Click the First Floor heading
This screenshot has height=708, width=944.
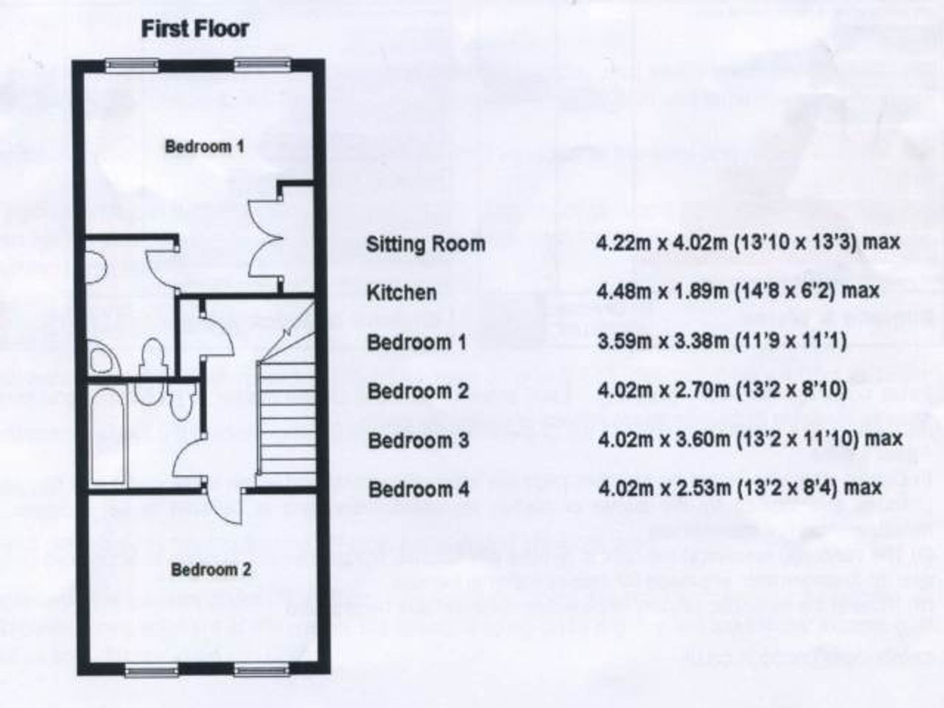tap(195, 29)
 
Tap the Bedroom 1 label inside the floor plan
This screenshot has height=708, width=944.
tap(204, 146)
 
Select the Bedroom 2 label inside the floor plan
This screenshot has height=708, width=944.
tap(211, 570)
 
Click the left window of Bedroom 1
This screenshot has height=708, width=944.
tap(132, 65)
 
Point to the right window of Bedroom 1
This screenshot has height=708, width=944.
tap(262, 64)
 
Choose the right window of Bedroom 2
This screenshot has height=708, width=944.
tap(261, 669)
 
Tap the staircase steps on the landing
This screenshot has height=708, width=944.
tap(287, 417)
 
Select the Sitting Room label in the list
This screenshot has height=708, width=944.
tap(426, 244)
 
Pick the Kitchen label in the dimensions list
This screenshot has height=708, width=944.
tap(402, 293)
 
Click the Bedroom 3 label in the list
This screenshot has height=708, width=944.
tap(419, 440)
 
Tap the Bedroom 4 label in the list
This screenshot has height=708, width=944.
tap(419, 489)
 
